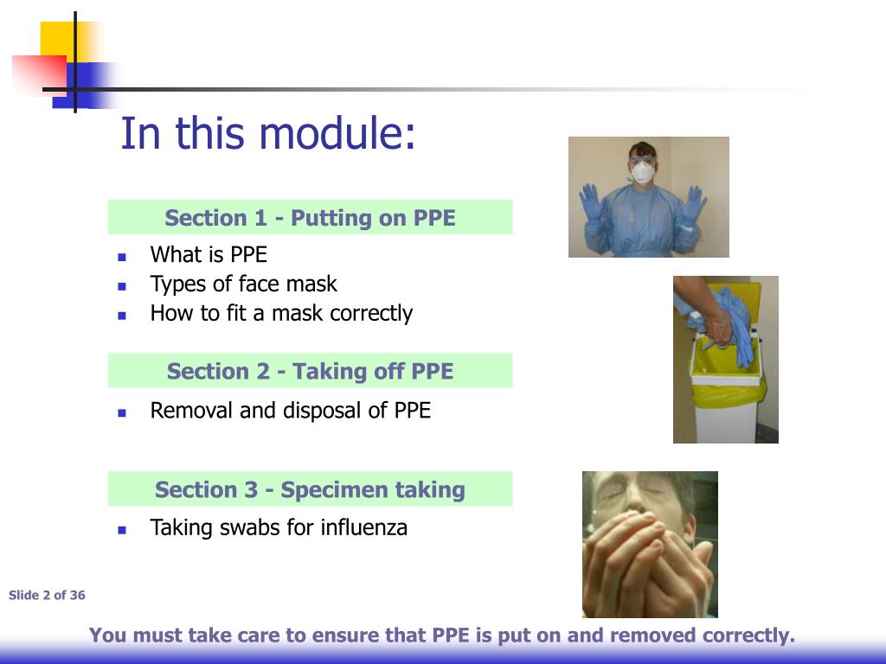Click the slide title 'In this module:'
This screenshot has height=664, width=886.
(267, 134)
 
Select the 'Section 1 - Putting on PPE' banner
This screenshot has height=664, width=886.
(310, 218)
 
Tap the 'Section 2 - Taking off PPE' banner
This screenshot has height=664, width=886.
(310, 371)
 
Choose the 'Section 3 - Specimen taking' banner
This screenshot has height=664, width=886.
(310, 489)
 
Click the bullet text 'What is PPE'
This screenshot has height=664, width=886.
(209, 254)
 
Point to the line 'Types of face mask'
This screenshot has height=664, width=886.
(243, 284)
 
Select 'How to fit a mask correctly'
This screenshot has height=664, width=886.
(281, 313)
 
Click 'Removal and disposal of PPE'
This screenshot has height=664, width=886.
(290, 410)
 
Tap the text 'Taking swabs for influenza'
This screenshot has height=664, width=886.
(278, 527)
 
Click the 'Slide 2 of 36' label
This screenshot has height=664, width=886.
(47, 595)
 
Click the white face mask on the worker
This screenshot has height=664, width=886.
(642, 173)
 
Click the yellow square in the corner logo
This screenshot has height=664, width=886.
(61, 39)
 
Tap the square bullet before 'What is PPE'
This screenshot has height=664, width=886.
(122, 256)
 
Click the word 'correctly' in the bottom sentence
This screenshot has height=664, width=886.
(748, 636)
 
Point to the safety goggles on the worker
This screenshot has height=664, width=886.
(642, 160)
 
